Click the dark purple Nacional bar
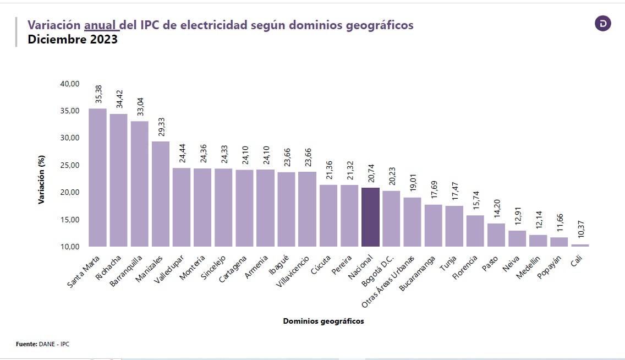pyautogui.click(x=370, y=217)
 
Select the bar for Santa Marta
pyautogui.click(x=98, y=177)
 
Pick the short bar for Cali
pyautogui.click(x=580, y=245)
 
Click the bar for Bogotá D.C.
pyautogui.click(x=391, y=219)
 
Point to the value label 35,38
pyautogui.click(x=98, y=94)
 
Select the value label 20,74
pyautogui.click(x=371, y=173)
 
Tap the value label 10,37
pyautogui.click(x=580, y=230)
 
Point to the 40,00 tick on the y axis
pyautogui.click(x=70, y=84)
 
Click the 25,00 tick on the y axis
pyautogui.click(x=70, y=165)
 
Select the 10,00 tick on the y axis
pyautogui.click(x=70, y=246)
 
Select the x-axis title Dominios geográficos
pyautogui.click(x=324, y=321)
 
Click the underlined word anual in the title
pyautogui.click(x=101, y=25)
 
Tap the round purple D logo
pyautogui.click(x=603, y=24)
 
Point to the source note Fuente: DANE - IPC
pyautogui.click(x=42, y=344)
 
